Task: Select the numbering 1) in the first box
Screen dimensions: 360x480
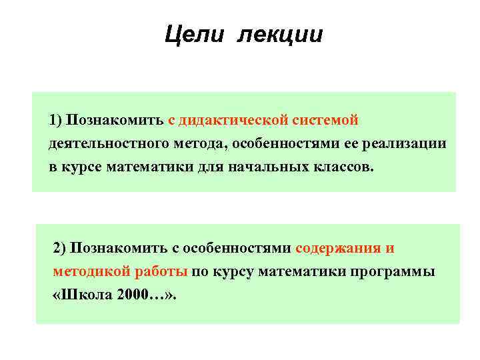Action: (55, 120)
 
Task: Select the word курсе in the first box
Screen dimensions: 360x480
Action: (84, 167)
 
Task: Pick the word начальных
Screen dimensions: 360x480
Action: (268, 167)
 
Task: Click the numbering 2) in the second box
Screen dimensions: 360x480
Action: (60, 249)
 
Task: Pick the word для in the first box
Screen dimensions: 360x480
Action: (209, 167)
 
